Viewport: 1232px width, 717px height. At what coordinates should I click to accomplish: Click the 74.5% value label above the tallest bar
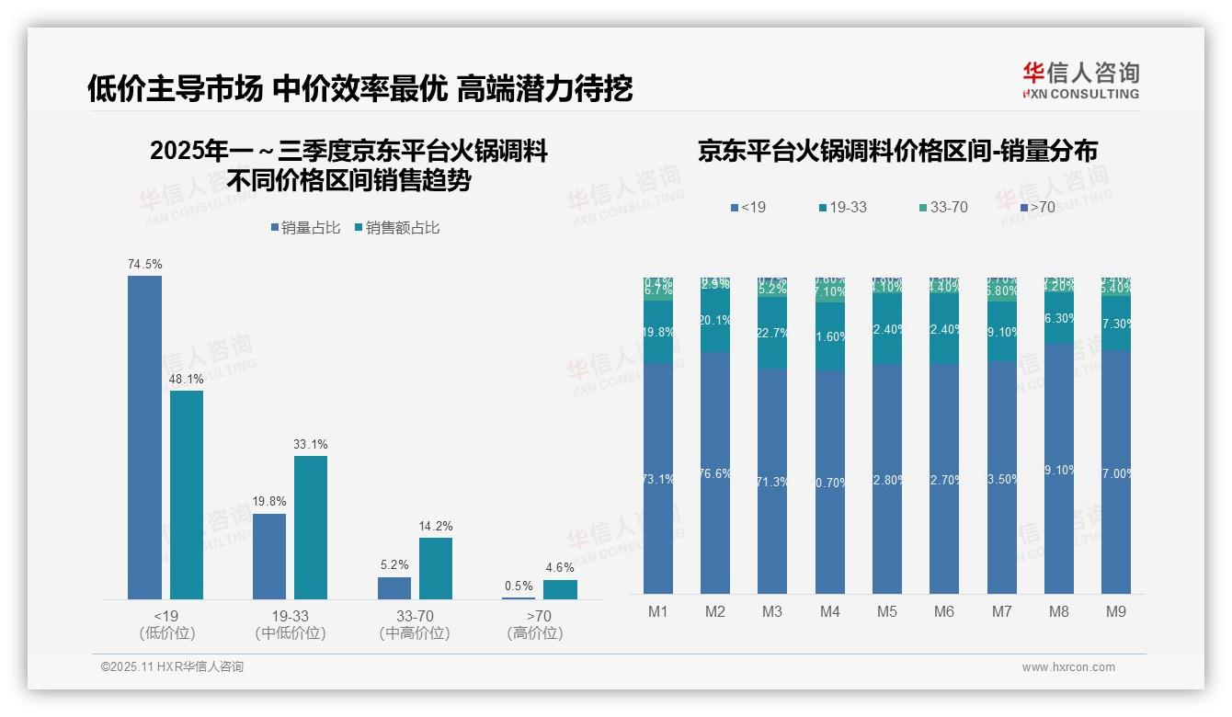(x=144, y=264)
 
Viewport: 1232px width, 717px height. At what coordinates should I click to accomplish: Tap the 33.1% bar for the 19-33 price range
(x=311, y=528)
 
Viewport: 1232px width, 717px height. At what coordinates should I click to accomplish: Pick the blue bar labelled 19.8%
(x=269, y=556)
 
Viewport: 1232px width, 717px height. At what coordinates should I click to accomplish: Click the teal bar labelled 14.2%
(x=436, y=568)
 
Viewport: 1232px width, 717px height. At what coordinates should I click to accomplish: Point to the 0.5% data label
(x=519, y=586)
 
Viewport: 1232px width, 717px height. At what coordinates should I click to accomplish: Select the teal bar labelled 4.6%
(x=560, y=589)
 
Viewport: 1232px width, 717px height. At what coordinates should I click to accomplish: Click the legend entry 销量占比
(x=305, y=228)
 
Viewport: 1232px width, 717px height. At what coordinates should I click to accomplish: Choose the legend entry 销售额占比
(x=396, y=228)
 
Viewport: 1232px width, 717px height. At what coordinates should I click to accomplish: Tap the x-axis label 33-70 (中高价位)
(x=415, y=624)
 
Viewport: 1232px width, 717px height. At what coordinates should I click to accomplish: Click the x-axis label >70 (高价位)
(x=539, y=624)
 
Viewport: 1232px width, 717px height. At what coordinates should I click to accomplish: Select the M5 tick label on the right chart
(x=886, y=611)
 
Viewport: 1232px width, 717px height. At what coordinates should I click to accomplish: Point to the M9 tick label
(x=1114, y=611)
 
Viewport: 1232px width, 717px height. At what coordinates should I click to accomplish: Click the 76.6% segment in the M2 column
(x=715, y=472)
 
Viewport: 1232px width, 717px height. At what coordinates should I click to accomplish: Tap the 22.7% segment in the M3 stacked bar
(x=772, y=333)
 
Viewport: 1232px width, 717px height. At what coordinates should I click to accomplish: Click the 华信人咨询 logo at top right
(x=1080, y=81)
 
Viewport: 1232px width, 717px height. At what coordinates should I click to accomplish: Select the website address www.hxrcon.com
(x=1067, y=667)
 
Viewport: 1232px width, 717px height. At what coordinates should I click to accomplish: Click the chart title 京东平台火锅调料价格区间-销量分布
(x=897, y=152)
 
